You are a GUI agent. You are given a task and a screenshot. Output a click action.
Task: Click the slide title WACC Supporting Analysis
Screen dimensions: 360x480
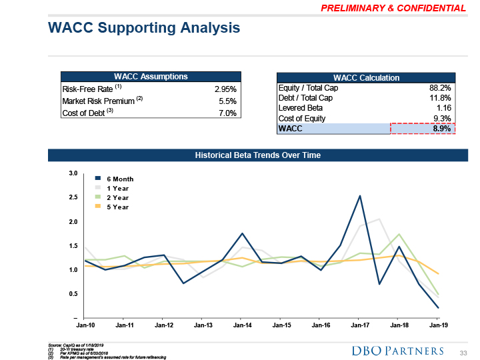coord(144,28)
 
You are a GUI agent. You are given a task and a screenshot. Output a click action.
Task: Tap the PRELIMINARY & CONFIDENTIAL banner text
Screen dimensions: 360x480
coord(393,8)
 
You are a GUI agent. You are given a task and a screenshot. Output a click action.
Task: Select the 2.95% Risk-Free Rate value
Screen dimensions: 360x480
coord(225,89)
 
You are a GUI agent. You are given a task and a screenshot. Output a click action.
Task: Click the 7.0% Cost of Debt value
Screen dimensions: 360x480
coord(227,113)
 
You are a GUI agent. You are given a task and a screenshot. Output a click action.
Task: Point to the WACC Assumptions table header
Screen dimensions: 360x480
coord(151,77)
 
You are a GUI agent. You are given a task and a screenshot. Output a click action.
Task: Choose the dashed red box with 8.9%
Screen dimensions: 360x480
coord(422,129)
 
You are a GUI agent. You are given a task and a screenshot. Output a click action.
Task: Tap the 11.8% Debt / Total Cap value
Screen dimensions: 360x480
coord(439,98)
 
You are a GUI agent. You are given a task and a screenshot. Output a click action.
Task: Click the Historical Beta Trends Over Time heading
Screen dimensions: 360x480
coord(257,155)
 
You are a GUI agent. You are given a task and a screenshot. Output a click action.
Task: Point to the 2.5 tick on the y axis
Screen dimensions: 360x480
coord(73,197)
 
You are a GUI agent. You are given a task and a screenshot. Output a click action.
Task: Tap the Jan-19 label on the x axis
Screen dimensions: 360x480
coord(438,325)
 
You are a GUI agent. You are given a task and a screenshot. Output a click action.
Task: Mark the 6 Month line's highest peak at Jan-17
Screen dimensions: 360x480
coord(360,196)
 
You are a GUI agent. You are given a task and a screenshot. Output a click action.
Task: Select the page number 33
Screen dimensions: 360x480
coord(464,351)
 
